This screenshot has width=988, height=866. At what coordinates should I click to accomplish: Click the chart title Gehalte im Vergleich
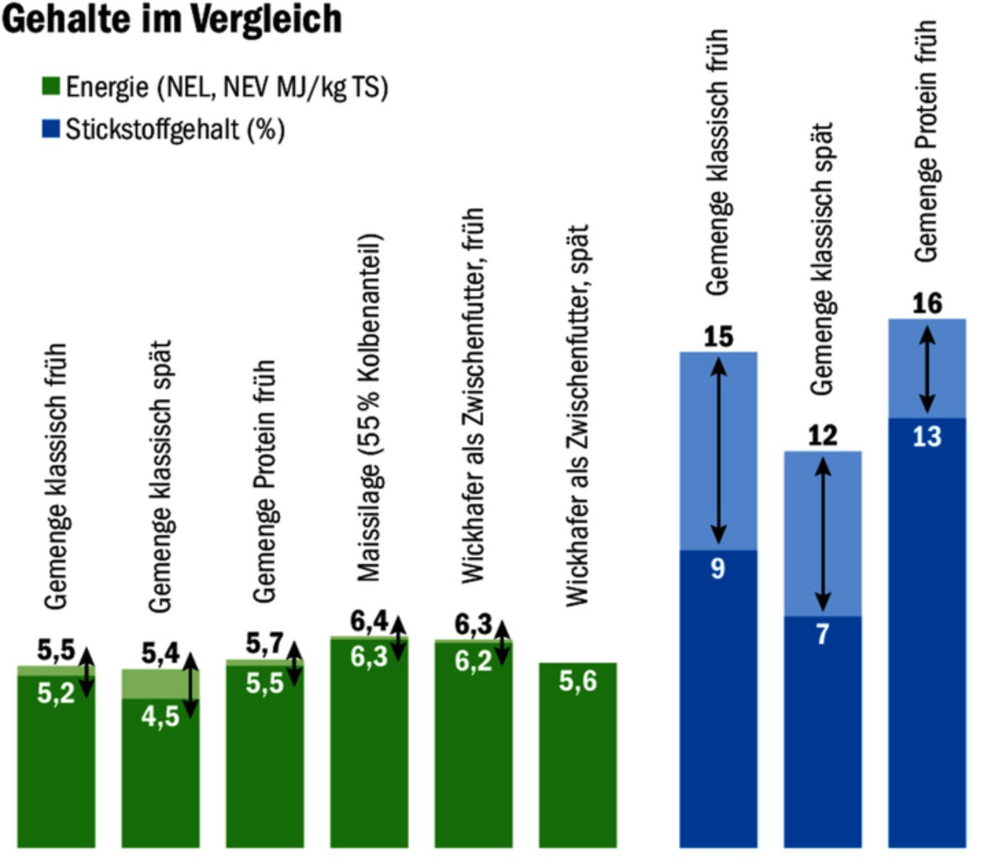[171, 19]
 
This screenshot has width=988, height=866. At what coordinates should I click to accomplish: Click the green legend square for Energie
[51, 87]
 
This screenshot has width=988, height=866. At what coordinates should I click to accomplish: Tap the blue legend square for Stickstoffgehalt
[51, 129]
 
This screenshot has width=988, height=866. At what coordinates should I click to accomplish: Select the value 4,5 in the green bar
[159, 716]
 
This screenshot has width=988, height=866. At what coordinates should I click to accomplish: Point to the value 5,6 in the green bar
[577, 681]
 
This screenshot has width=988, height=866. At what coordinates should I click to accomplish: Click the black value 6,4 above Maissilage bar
[368, 621]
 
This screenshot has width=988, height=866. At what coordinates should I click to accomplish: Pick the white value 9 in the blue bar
[718, 568]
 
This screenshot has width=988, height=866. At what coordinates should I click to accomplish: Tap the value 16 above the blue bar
[927, 303]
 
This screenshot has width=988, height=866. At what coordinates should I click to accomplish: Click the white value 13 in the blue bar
[927, 437]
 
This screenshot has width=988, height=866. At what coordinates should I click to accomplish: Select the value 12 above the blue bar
[822, 435]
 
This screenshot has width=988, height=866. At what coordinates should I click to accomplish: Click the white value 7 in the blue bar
[822, 634]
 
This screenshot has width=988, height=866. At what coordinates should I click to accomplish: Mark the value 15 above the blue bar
[718, 337]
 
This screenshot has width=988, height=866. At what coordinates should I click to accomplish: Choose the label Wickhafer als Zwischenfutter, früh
[473, 395]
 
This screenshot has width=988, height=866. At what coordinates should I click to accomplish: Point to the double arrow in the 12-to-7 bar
[823, 534]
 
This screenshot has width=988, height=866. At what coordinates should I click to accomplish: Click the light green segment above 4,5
[152, 683]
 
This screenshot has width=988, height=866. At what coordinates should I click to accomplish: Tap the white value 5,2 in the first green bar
[56, 693]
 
